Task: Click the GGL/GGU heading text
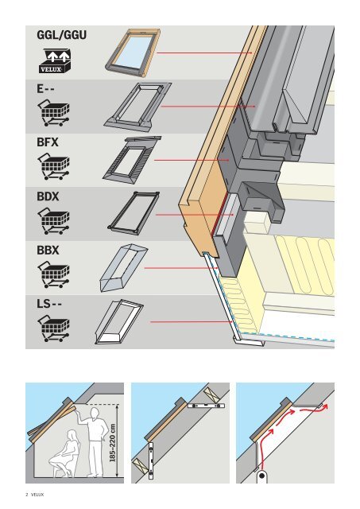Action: pos(62,35)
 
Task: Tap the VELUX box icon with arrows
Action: pos(55,61)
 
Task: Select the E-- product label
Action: pos(45,88)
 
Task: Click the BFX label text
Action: pos(48,142)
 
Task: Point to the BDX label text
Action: pos(48,196)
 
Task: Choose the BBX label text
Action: pos(48,251)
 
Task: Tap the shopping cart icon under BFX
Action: pos(54,166)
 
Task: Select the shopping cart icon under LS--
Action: pos(54,328)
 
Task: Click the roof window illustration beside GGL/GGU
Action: pos(133,53)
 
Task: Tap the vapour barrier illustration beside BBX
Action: pos(123,268)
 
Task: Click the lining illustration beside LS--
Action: pos(119,321)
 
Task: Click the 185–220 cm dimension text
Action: pos(113,442)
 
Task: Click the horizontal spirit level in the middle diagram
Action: pos(207,405)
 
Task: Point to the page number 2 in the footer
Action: pos(27,495)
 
